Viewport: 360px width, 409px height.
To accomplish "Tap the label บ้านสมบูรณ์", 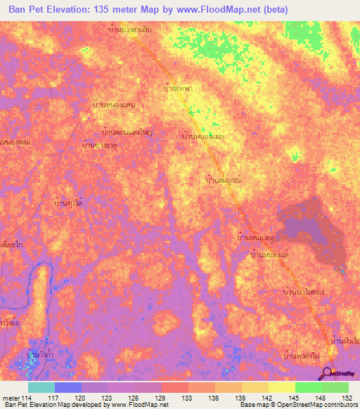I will [224, 181].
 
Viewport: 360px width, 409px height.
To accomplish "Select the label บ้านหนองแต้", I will [270, 254].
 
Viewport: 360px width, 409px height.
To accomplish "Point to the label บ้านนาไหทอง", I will [302, 290].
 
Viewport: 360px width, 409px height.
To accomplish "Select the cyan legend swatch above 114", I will [41, 387].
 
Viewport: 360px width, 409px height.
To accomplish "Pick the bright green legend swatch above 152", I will [335, 387].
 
